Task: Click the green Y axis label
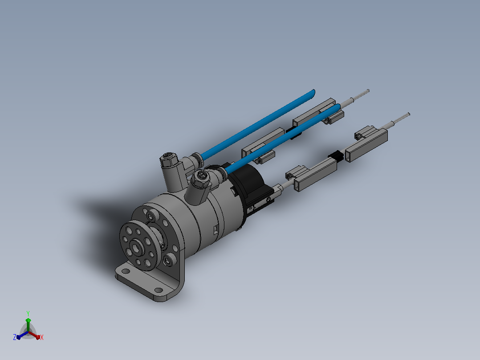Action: pos(28,313)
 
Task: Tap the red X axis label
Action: pos(42,337)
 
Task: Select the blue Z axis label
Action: pos(15,337)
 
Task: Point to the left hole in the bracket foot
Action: pos(126,271)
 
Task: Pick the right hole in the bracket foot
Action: pos(159,290)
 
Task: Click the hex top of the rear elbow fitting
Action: pos(168,159)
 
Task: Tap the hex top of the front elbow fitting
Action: pos(201,176)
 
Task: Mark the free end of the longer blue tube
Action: pos(313,92)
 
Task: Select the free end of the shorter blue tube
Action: pos(338,107)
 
